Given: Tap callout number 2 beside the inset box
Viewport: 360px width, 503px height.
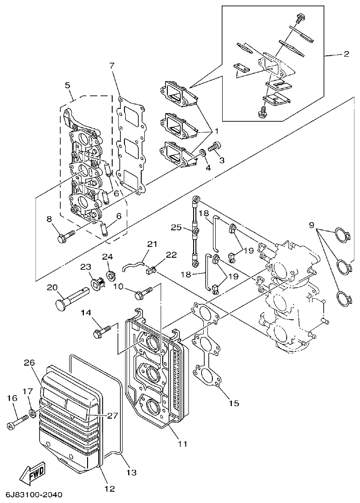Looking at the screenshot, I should pos(346,54).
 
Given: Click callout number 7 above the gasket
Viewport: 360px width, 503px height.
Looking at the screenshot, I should pos(112,65).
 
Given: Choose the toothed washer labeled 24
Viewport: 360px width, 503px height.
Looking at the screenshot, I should pos(110,276).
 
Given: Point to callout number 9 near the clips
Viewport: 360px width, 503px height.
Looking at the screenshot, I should pos(312,225).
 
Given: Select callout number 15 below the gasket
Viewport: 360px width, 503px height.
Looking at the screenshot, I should pos(234,403).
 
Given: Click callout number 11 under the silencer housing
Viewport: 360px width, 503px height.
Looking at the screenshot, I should pos(183,444).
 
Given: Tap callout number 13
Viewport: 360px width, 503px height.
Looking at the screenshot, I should pos(131,473).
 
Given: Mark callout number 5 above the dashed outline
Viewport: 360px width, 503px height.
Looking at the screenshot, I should pos(67,85).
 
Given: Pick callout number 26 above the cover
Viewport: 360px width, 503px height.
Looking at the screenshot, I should pos(30,362).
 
